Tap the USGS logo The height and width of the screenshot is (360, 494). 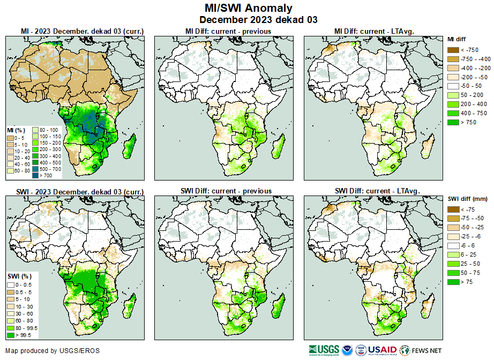[x=324, y=350]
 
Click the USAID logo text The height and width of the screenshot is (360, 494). [x=382, y=350]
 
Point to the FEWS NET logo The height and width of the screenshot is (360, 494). [x=420, y=350]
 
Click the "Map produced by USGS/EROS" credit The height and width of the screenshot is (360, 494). [x=53, y=351]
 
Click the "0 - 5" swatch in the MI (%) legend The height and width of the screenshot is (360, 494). [x=11, y=138]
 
